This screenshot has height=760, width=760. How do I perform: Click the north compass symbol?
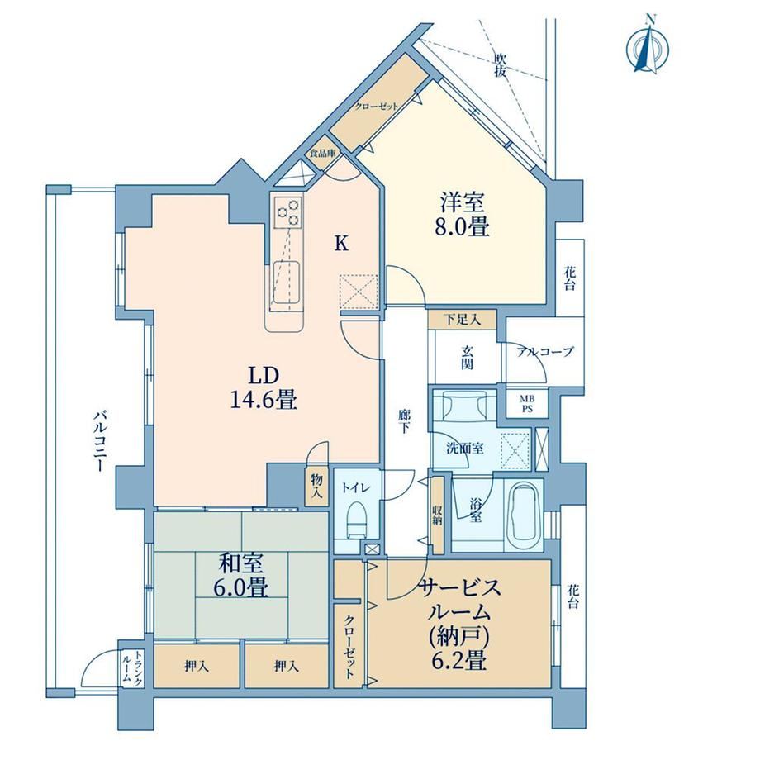648,46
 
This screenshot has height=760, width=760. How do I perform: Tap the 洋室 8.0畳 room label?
462,214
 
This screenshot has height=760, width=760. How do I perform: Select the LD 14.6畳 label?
264,387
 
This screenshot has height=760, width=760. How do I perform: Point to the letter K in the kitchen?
342,244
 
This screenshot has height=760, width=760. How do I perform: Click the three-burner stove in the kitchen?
288,211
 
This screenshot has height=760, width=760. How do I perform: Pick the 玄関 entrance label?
466,358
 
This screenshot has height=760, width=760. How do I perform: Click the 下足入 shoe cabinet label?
463,320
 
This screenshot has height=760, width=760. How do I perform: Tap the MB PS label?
527,404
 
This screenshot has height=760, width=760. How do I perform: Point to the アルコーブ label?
544,352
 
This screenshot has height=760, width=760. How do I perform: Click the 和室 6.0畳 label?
241,576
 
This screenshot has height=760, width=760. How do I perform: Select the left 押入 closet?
197,667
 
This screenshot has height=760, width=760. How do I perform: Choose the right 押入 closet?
287,667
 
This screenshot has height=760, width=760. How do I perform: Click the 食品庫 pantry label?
323,154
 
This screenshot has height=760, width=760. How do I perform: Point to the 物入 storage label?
316,487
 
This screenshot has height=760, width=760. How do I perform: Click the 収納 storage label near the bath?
437,515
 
